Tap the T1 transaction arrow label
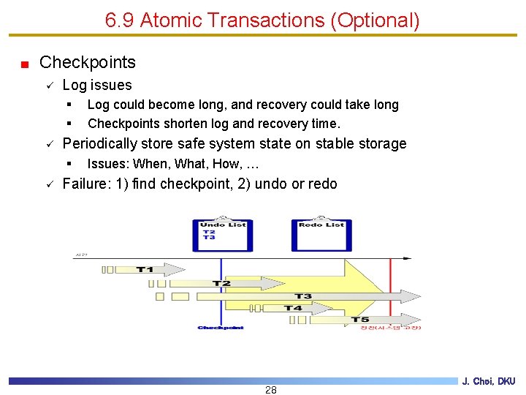(x=145, y=270)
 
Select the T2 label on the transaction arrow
(x=221, y=283)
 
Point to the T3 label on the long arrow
(x=302, y=296)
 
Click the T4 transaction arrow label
(x=292, y=308)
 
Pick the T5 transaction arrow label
(x=360, y=320)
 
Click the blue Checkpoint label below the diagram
(x=221, y=328)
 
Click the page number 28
(x=271, y=390)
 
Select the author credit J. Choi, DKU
(x=489, y=381)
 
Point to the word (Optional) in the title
(x=375, y=20)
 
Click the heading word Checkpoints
(x=88, y=62)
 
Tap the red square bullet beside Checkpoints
(x=25, y=64)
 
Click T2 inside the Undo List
(x=209, y=232)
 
